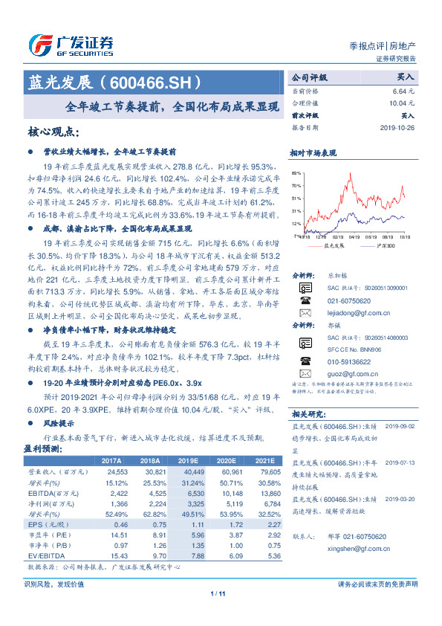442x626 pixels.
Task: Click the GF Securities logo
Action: (71, 44)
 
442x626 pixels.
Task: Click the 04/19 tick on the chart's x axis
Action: (353, 238)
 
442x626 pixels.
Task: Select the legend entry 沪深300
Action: (383, 245)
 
